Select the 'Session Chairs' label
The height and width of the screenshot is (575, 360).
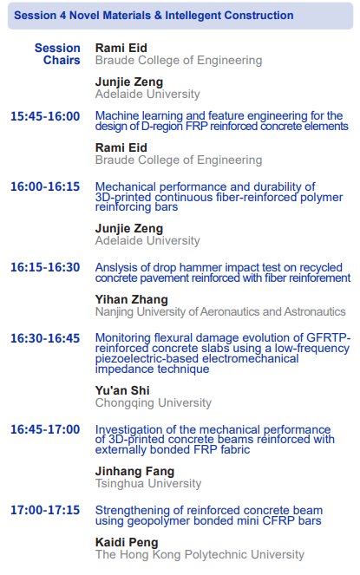coord(57,54)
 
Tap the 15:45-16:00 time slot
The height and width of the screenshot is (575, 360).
coord(45,116)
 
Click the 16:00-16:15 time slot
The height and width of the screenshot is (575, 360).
coord(45,186)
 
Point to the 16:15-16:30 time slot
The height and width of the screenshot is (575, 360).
coord(45,267)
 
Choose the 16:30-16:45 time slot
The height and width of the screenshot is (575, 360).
coord(45,338)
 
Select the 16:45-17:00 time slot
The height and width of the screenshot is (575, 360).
coord(45,429)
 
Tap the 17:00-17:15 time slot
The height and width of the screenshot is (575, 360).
coord(45,510)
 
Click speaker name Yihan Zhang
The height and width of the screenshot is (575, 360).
coord(131,299)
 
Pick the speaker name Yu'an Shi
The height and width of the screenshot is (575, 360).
coord(122,390)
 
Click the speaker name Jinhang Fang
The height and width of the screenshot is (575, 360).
coord(134,471)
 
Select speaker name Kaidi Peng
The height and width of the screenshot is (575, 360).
coord(127,542)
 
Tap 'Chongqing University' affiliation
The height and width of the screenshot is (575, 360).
coord(154,402)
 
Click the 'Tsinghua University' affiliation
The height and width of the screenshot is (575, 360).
coord(148,483)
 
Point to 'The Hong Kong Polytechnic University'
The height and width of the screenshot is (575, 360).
coord(200,554)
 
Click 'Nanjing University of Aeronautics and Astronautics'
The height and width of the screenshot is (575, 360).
coord(220,311)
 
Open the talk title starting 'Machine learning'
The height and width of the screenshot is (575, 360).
coord(222,121)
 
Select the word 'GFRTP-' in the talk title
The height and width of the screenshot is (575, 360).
coord(329,337)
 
